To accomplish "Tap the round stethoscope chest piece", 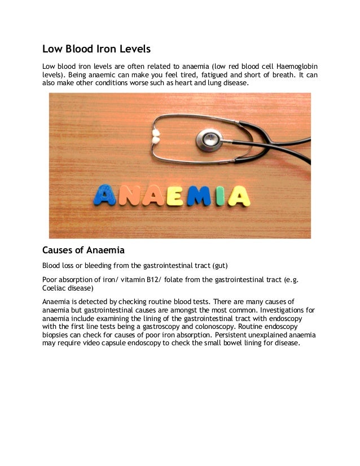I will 209,138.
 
